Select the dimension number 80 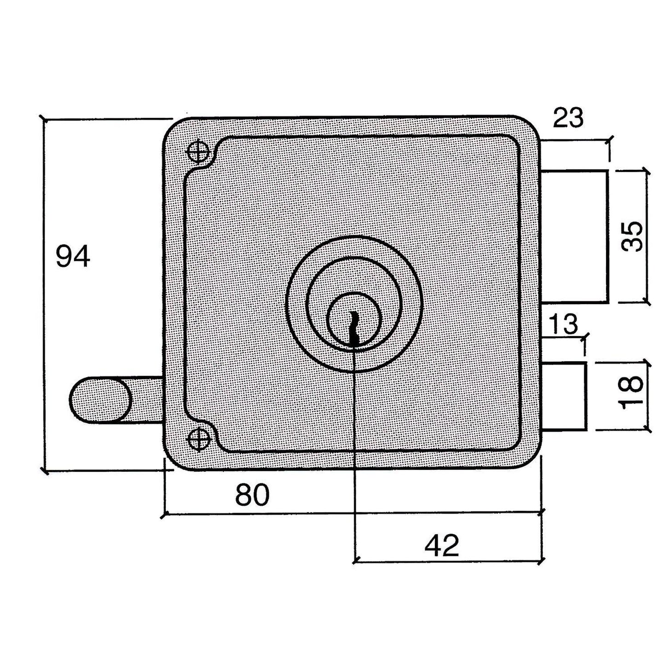(x=252, y=495)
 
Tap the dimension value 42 (x=442, y=546)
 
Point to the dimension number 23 (x=568, y=118)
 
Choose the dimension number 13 (x=563, y=324)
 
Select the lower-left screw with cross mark (x=199, y=438)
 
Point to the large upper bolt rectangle (x=574, y=236)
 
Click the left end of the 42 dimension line (x=355, y=561)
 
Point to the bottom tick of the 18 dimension (x=648, y=430)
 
